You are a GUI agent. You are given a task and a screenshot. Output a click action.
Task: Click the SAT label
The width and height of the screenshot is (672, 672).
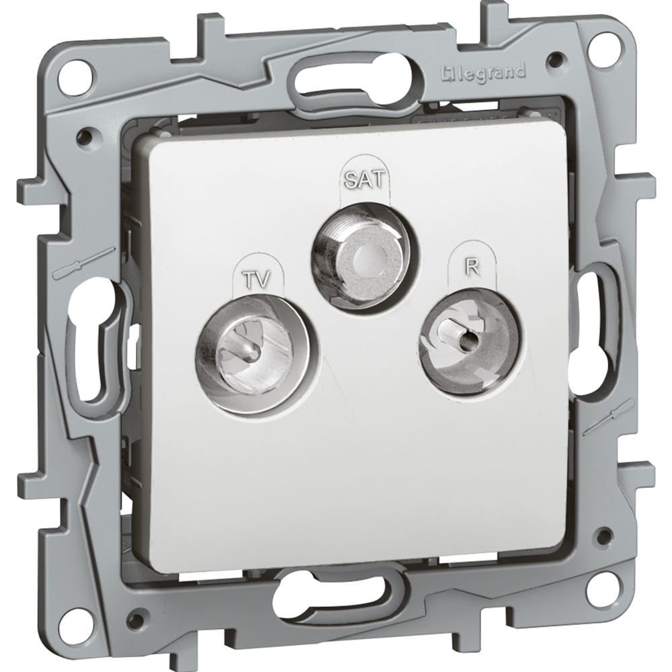[x=365, y=179]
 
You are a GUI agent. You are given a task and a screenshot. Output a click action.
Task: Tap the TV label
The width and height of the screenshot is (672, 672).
[x=257, y=280]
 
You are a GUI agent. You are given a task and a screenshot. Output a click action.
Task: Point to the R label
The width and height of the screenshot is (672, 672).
[x=472, y=267]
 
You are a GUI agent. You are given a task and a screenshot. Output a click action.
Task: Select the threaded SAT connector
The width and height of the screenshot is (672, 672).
[x=361, y=259]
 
